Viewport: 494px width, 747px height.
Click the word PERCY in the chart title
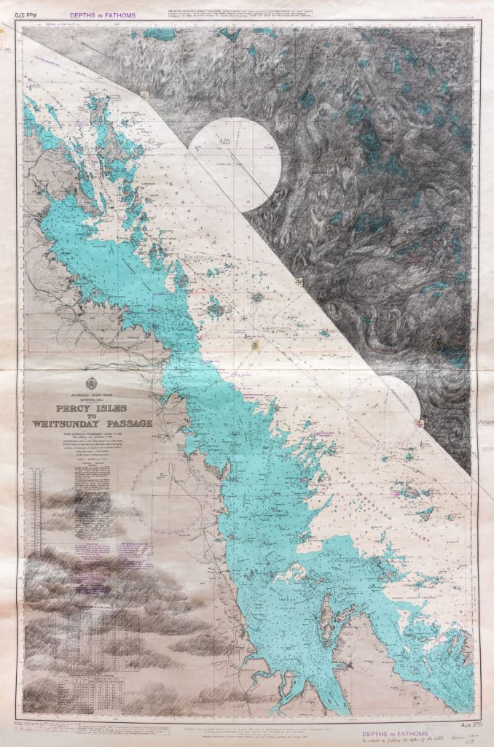(70, 409)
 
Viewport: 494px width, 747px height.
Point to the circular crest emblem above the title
(91, 384)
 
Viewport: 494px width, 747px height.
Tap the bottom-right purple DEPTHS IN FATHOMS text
(385, 729)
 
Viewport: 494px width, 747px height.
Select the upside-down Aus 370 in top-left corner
(27, 14)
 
